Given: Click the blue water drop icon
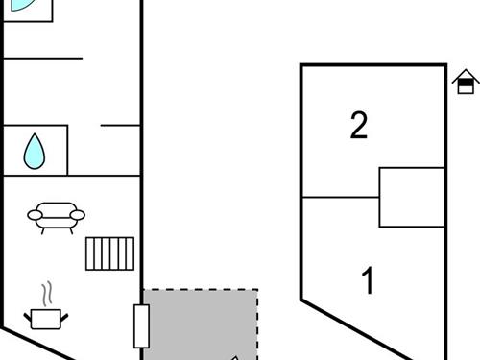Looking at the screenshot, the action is coord(35,150).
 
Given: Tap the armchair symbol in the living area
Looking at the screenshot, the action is coord(56,216).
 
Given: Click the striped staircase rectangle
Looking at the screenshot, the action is coord(108,253).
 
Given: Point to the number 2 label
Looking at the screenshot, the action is coord(359,126).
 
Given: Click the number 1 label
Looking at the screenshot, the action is coord(368,282).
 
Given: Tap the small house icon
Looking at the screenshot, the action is coord(466,84).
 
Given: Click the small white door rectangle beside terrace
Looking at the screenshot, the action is coord(141,325).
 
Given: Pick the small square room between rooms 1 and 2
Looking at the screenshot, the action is coord(412,197).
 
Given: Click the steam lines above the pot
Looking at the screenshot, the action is coord(45,292).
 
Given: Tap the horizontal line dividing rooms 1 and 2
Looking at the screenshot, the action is coord(341,198).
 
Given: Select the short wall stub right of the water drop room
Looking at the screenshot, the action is coord(121,125).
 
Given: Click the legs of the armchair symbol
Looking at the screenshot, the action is coord(56,228).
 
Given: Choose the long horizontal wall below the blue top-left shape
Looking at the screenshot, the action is coord(43,59).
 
